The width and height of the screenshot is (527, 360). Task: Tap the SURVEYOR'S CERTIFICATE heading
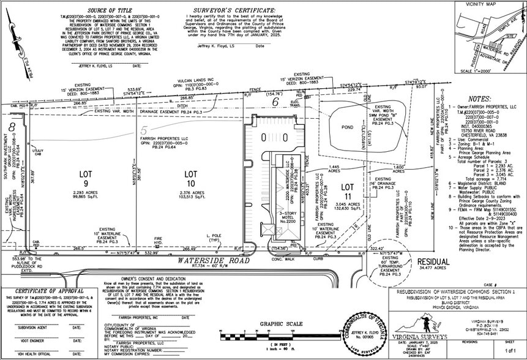229,10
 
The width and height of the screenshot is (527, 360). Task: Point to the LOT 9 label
86,174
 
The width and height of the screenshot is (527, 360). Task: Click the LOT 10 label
191,174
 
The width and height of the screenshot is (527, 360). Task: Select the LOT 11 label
347,186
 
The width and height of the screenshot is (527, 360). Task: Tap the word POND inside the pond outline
347,127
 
